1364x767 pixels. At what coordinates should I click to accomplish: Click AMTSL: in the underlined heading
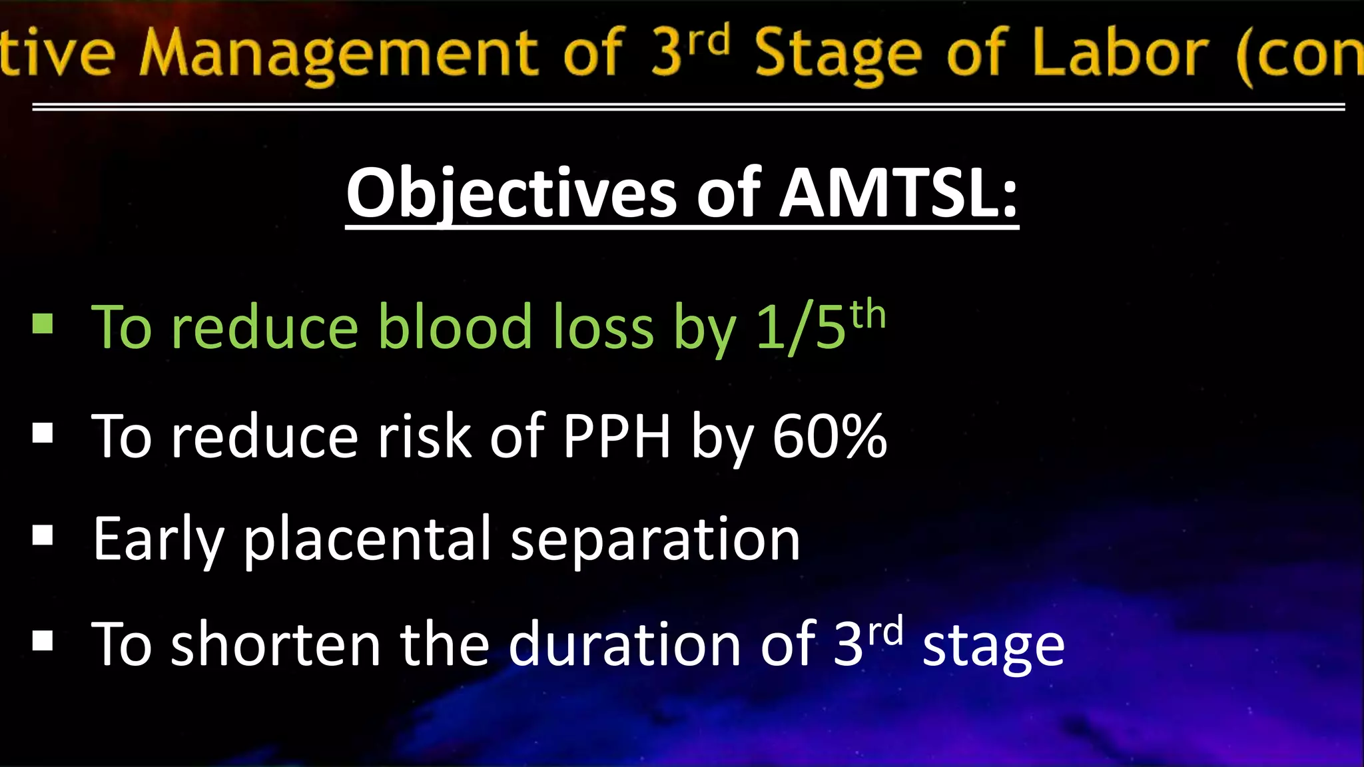pos(898,193)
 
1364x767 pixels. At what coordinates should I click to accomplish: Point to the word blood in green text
pos(456,327)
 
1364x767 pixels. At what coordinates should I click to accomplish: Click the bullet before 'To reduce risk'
pos(43,433)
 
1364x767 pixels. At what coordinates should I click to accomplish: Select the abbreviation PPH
pos(617,436)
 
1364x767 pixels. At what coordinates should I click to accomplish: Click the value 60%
pos(830,436)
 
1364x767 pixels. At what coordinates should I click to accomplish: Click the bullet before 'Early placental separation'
pos(43,535)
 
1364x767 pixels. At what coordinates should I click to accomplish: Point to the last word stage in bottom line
pos(993,646)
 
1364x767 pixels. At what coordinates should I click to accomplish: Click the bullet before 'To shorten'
pos(43,640)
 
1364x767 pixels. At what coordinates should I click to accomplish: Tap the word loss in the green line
pos(603,327)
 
